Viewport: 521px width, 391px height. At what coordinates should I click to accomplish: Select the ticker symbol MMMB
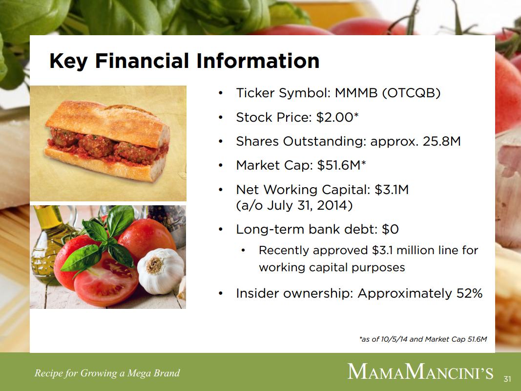356,93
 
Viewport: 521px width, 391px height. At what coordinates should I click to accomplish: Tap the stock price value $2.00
334,117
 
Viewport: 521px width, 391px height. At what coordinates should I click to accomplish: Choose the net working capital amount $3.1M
392,190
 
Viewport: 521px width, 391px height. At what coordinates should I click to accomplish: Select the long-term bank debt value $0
390,229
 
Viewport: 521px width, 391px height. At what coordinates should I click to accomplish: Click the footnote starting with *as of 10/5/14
423,339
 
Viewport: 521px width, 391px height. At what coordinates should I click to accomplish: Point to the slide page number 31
507,379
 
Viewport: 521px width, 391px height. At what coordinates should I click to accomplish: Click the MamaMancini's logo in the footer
420,372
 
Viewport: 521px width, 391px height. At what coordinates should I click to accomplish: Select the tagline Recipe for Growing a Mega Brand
107,373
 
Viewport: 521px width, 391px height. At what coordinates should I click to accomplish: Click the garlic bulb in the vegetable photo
161,271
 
